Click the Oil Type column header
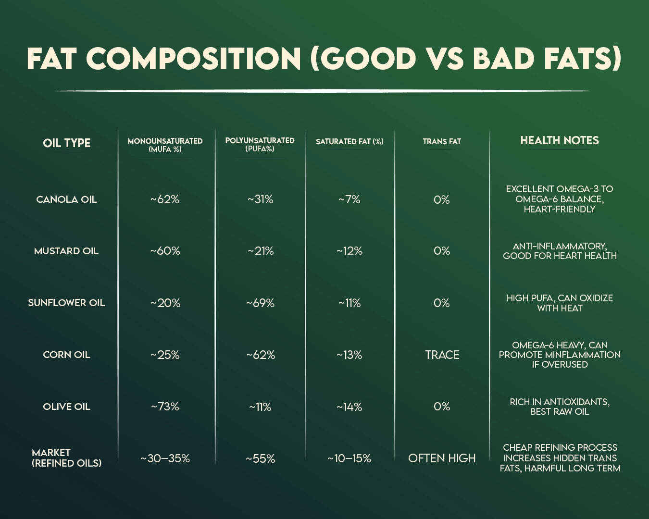(x=66, y=143)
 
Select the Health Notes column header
(x=560, y=140)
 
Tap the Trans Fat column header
(x=442, y=141)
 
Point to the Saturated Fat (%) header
(x=349, y=141)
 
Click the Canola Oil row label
(x=66, y=199)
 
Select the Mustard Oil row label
(x=66, y=251)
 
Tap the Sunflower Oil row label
(x=66, y=303)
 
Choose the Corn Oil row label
(x=66, y=355)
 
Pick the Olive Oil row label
(x=66, y=407)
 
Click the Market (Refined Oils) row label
(x=66, y=458)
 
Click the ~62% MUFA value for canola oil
(x=165, y=199)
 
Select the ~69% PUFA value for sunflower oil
(x=260, y=303)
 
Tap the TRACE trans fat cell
(x=442, y=355)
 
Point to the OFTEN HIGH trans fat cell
(x=442, y=458)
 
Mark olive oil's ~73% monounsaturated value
(x=165, y=407)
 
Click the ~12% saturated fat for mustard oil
(x=349, y=251)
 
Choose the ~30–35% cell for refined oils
(x=165, y=458)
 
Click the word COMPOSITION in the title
(x=193, y=59)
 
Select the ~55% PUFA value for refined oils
(x=260, y=458)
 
